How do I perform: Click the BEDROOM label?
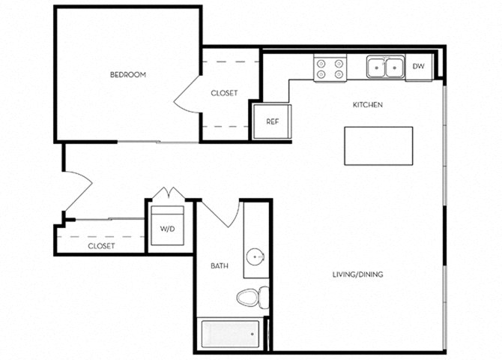127,75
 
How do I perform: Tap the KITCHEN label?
368,105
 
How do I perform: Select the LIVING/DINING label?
357,274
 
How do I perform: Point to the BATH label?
219,265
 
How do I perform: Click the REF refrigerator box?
272,121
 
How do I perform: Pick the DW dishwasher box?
418,67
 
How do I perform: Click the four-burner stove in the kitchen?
329,69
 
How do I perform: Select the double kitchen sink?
384,67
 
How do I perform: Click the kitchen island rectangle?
378,145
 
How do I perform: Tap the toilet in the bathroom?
252,297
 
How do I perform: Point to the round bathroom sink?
258,257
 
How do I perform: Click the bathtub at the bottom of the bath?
229,334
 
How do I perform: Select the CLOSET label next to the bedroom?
224,94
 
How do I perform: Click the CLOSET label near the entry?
101,246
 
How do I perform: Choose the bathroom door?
223,214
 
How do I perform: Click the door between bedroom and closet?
187,94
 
